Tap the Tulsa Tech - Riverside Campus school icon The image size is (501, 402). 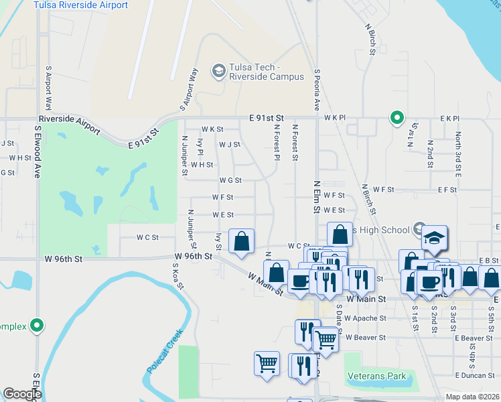(x=218, y=70)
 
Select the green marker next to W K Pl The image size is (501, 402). (x=397, y=119)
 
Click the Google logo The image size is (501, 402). (x=22, y=394)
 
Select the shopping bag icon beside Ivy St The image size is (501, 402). (x=241, y=241)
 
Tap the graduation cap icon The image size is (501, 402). (x=434, y=238)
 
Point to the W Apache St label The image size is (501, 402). (x=366, y=318)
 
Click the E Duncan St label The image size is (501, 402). (x=474, y=376)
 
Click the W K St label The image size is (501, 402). (x=212, y=129)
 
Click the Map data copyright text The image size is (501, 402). (x=472, y=397)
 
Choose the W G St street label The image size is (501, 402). (x=230, y=180)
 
